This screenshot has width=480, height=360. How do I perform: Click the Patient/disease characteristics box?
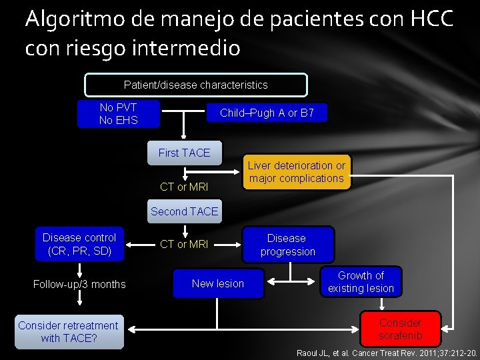(x=195, y=85)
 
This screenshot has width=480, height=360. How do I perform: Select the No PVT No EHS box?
(x=118, y=113)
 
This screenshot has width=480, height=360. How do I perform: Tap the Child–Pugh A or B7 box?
(x=267, y=113)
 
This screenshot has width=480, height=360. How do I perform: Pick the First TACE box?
(x=184, y=153)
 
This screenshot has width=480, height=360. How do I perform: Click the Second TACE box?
(x=184, y=211)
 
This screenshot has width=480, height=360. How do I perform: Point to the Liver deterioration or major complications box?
(x=297, y=172)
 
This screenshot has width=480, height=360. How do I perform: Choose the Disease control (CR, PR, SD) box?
(x=79, y=244)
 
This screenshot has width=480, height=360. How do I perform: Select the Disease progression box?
(x=287, y=245)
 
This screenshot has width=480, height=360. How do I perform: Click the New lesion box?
(x=218, y=283)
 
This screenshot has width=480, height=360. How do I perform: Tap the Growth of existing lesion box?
(x=361, y=282)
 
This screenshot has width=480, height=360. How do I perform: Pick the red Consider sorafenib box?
(x=400, y=329)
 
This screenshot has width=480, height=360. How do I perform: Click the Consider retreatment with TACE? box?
(x=69, y=331)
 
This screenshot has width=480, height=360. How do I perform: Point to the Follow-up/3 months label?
(x=79, y=285)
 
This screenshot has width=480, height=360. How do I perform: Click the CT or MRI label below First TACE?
(x=184, y=187)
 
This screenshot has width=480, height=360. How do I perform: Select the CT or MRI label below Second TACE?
(x=184, y=244)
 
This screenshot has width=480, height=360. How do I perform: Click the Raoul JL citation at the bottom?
(x=387, y=352)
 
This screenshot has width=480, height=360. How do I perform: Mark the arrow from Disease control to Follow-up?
(x=79, y=268)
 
